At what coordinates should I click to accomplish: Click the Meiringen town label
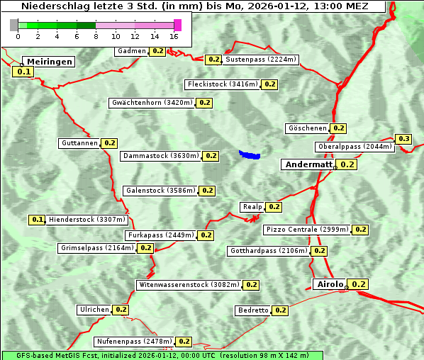click(50, 62)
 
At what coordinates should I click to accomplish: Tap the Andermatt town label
click(308, 164)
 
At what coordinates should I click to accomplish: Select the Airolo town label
click(330, 284)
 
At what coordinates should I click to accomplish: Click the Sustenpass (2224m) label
click(261, 60)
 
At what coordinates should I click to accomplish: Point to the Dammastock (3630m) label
click(160, 156)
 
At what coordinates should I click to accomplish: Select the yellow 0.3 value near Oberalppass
click(403, 139)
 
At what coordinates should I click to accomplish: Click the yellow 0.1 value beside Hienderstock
click(38, 220)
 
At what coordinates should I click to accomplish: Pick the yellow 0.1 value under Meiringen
click(23, 72)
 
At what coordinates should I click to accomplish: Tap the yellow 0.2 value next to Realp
click(274, 207)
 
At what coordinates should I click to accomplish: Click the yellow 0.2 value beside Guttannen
click(109, 143)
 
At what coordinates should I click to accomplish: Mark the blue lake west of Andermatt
click(250, 154)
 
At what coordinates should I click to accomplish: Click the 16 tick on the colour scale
click(174, 36)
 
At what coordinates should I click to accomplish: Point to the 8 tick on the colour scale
click(96, 36)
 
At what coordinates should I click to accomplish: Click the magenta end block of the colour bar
click(177, 25)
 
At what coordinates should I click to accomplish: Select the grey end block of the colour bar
click(14, 25)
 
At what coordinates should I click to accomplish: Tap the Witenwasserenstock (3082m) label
click(189, 285)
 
